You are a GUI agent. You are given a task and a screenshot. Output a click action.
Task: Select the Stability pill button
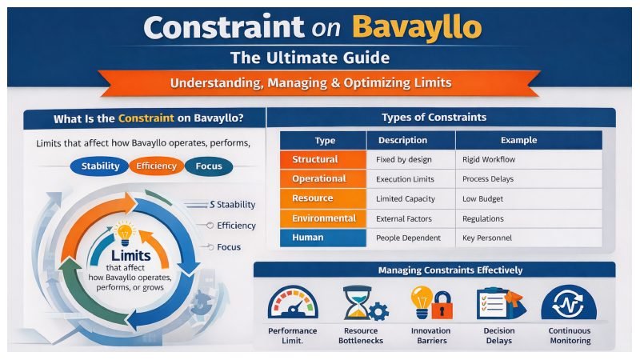pos(101,166)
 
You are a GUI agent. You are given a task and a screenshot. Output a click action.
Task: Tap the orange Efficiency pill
pos(156,166)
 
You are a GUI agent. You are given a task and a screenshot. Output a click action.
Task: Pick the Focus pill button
pos(208,166)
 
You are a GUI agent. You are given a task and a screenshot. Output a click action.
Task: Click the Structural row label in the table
pos(315,159)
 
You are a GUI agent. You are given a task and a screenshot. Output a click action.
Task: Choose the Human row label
pos(309,238)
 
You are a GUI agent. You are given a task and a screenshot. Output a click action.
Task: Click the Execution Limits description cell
pos(408,178)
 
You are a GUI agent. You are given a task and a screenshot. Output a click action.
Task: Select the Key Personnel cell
pos(487,238)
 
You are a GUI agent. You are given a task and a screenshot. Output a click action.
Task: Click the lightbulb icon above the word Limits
pos(124,233)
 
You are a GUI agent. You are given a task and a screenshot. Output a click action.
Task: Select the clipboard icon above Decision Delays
pos(496,305)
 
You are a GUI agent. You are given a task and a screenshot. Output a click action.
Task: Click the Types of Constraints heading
pos(434,118)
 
